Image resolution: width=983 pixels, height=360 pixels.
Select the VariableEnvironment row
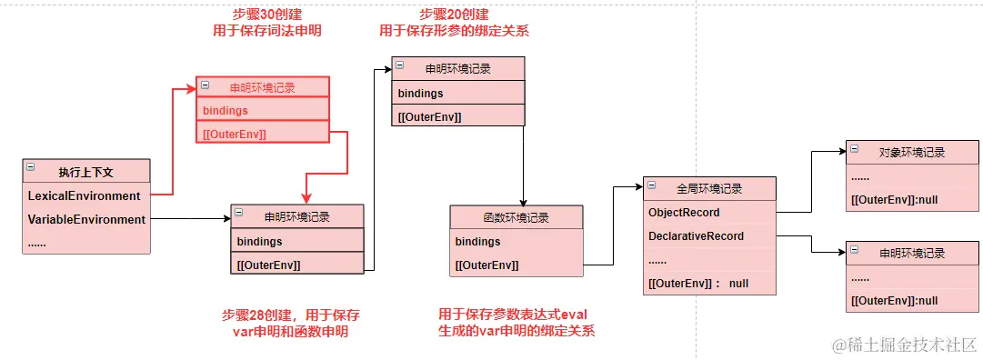(x=86, y=219)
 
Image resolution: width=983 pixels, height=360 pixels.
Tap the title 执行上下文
(x=85, y=172)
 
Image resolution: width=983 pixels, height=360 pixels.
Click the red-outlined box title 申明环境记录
(x=263, y=88)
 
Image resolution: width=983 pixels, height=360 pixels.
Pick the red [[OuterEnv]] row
(x=235, y=134)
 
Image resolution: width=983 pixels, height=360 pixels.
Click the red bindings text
(x=225, y=110)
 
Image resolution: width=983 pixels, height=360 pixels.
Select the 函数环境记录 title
(x=517, y=217)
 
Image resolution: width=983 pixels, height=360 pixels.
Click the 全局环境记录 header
(x=709, y=188)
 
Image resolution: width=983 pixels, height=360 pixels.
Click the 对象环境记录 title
(x=912, y=152)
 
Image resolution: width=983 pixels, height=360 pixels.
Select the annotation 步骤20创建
(x=454, y=14)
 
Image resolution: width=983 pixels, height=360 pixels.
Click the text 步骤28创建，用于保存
(x=291, y=315)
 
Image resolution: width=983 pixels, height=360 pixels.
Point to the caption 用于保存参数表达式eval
(x=513, y=314)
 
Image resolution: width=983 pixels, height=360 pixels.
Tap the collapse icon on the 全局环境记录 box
(x=652, y=185)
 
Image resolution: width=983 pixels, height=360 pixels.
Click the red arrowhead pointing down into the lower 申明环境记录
(x=306, y=198)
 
